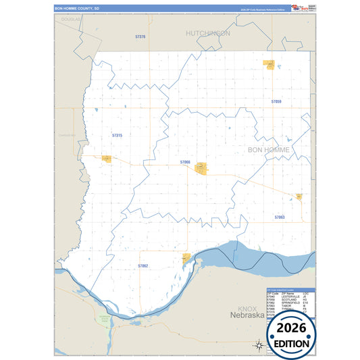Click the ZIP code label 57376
[140, 36]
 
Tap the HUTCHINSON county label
[208, 32]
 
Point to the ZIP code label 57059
[276, 101]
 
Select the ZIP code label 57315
[117, 136]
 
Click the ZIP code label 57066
[185, 162]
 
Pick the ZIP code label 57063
[280, 217]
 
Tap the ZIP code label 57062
[143, 266]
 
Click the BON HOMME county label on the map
[269, 149]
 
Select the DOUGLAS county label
[70, 20]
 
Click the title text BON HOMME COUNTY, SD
[76, 9]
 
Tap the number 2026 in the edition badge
[292, 329]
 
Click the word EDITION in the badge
[292, 342]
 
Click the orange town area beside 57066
[201, 168]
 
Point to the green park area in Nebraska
[104, 317]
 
